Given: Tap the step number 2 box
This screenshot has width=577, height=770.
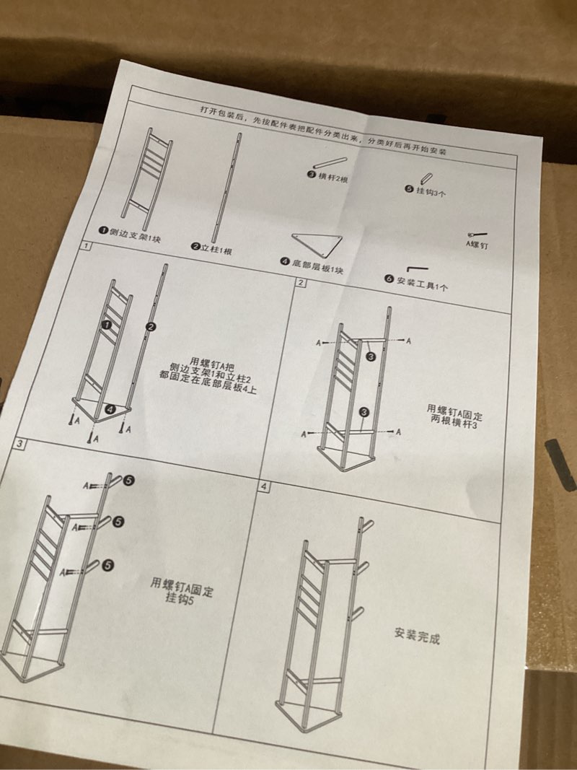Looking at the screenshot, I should coord(301,283).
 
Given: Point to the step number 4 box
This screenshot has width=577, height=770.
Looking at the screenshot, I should coord(264,486).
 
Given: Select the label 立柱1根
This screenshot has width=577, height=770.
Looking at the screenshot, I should coord(216,248).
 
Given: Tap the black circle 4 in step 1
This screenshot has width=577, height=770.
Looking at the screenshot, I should coord(110,408).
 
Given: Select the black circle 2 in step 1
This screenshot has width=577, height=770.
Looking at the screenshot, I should coord(151,327).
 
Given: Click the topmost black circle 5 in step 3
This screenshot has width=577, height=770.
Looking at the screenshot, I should coord(128,479).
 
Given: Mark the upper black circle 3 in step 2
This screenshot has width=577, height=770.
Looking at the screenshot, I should coord(370,356).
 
